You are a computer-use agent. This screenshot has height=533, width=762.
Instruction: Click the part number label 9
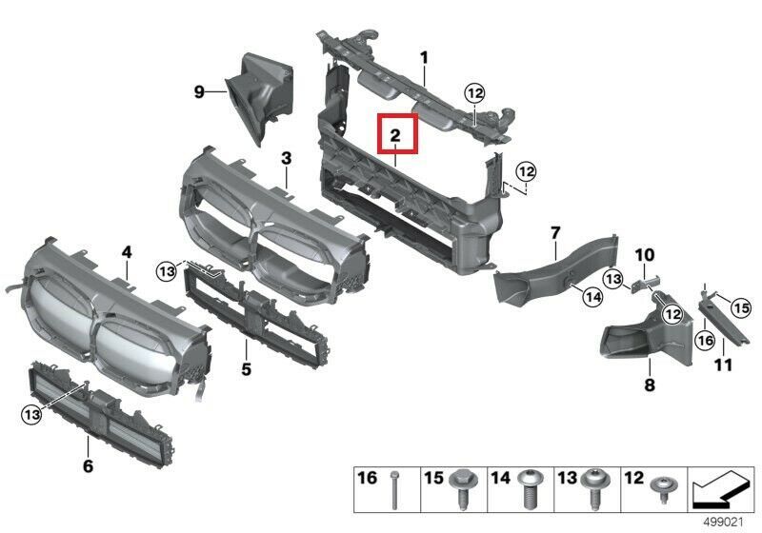tap(199, 91)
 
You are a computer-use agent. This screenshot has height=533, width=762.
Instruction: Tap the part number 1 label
tap(424, 58)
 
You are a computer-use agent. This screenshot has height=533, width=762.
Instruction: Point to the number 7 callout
tap(555, 233)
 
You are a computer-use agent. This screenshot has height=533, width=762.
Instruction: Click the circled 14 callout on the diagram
tap(592, 296)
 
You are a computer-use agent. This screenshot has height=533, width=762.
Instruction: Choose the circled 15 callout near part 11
tap(741, 307)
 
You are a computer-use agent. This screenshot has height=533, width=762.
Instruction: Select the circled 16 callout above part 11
tap(705, 341)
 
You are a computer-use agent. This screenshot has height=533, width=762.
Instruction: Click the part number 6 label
tap(88, 466)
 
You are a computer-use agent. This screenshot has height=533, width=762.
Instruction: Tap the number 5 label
tap(247, 369)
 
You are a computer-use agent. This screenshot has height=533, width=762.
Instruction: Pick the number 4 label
tap(127, 252)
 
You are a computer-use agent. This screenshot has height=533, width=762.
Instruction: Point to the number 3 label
tap(287, 158)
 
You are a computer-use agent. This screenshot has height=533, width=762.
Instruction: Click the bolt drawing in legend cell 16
tap(394, 490)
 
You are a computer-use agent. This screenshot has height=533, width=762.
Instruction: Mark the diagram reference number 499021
tap(724, 523)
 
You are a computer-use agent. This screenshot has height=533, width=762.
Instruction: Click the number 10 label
tap(645, 255)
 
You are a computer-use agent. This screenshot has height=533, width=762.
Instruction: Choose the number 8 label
tap(650, 385)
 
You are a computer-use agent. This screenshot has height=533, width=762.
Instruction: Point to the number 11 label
tap(723, 365)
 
